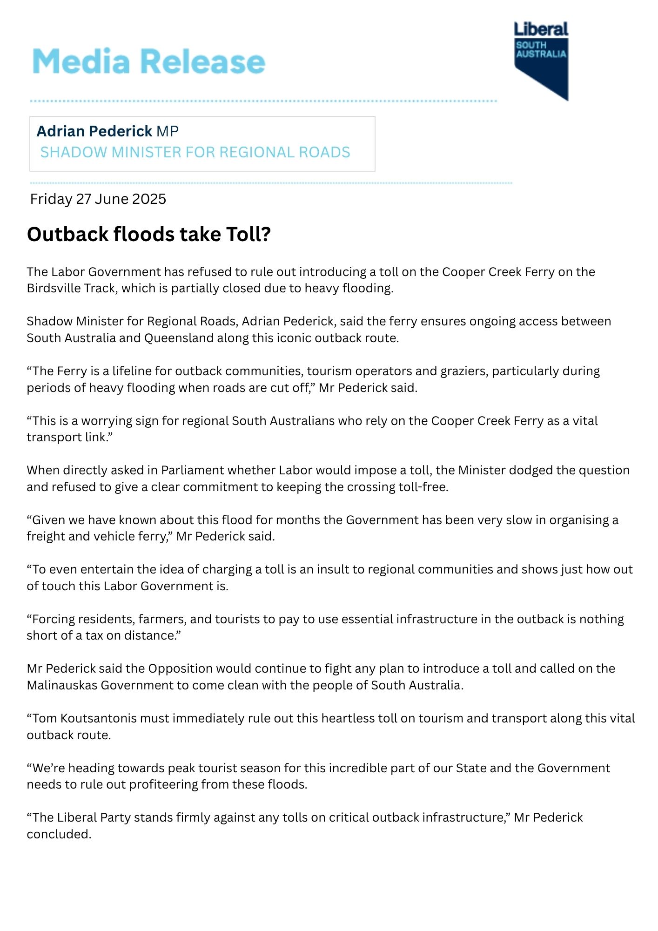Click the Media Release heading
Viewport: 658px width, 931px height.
[x=149, y=61]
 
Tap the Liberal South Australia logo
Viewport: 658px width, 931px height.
[x=541, y=60]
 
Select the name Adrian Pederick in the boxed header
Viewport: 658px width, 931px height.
[x=94, y=131]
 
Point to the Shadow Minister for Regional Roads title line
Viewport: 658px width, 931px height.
[x=195, y=152]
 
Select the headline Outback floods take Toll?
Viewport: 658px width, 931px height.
[x=149, y=234]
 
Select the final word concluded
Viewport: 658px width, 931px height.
[x=58, y=834]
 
